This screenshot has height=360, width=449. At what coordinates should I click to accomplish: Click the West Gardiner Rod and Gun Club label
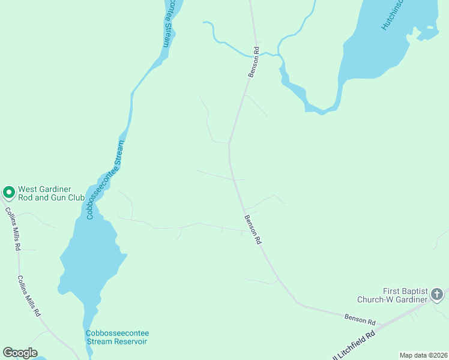pyautogui.click(x=51, y=193)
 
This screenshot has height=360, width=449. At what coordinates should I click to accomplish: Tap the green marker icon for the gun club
pyautogui.click(x=9, y=193)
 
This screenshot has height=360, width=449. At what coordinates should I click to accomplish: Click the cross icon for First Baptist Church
pyautogui.click(x=437, y=295)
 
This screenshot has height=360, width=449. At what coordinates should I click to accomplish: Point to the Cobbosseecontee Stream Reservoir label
pyautogui.click(x=117, y=337)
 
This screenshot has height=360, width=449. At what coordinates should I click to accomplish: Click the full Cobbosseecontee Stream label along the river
pyautogui.click(x=105, y=180)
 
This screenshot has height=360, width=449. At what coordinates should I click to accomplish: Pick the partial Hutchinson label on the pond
pyautogui.click(x=393, y=15)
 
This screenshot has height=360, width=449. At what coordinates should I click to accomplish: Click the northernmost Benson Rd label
pyautogui.click(x=255, y=62)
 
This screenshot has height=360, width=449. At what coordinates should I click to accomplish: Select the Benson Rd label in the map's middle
pyautogui.click(x=253, y=229)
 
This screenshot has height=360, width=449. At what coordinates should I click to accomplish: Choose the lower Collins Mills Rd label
pyautogui.click(x=29, y=295)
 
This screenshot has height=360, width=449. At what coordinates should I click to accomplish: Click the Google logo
pyautogui.click(x=20, y=353)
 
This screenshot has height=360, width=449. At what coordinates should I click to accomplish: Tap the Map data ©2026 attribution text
pyautogui.click(x=423, y=355)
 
